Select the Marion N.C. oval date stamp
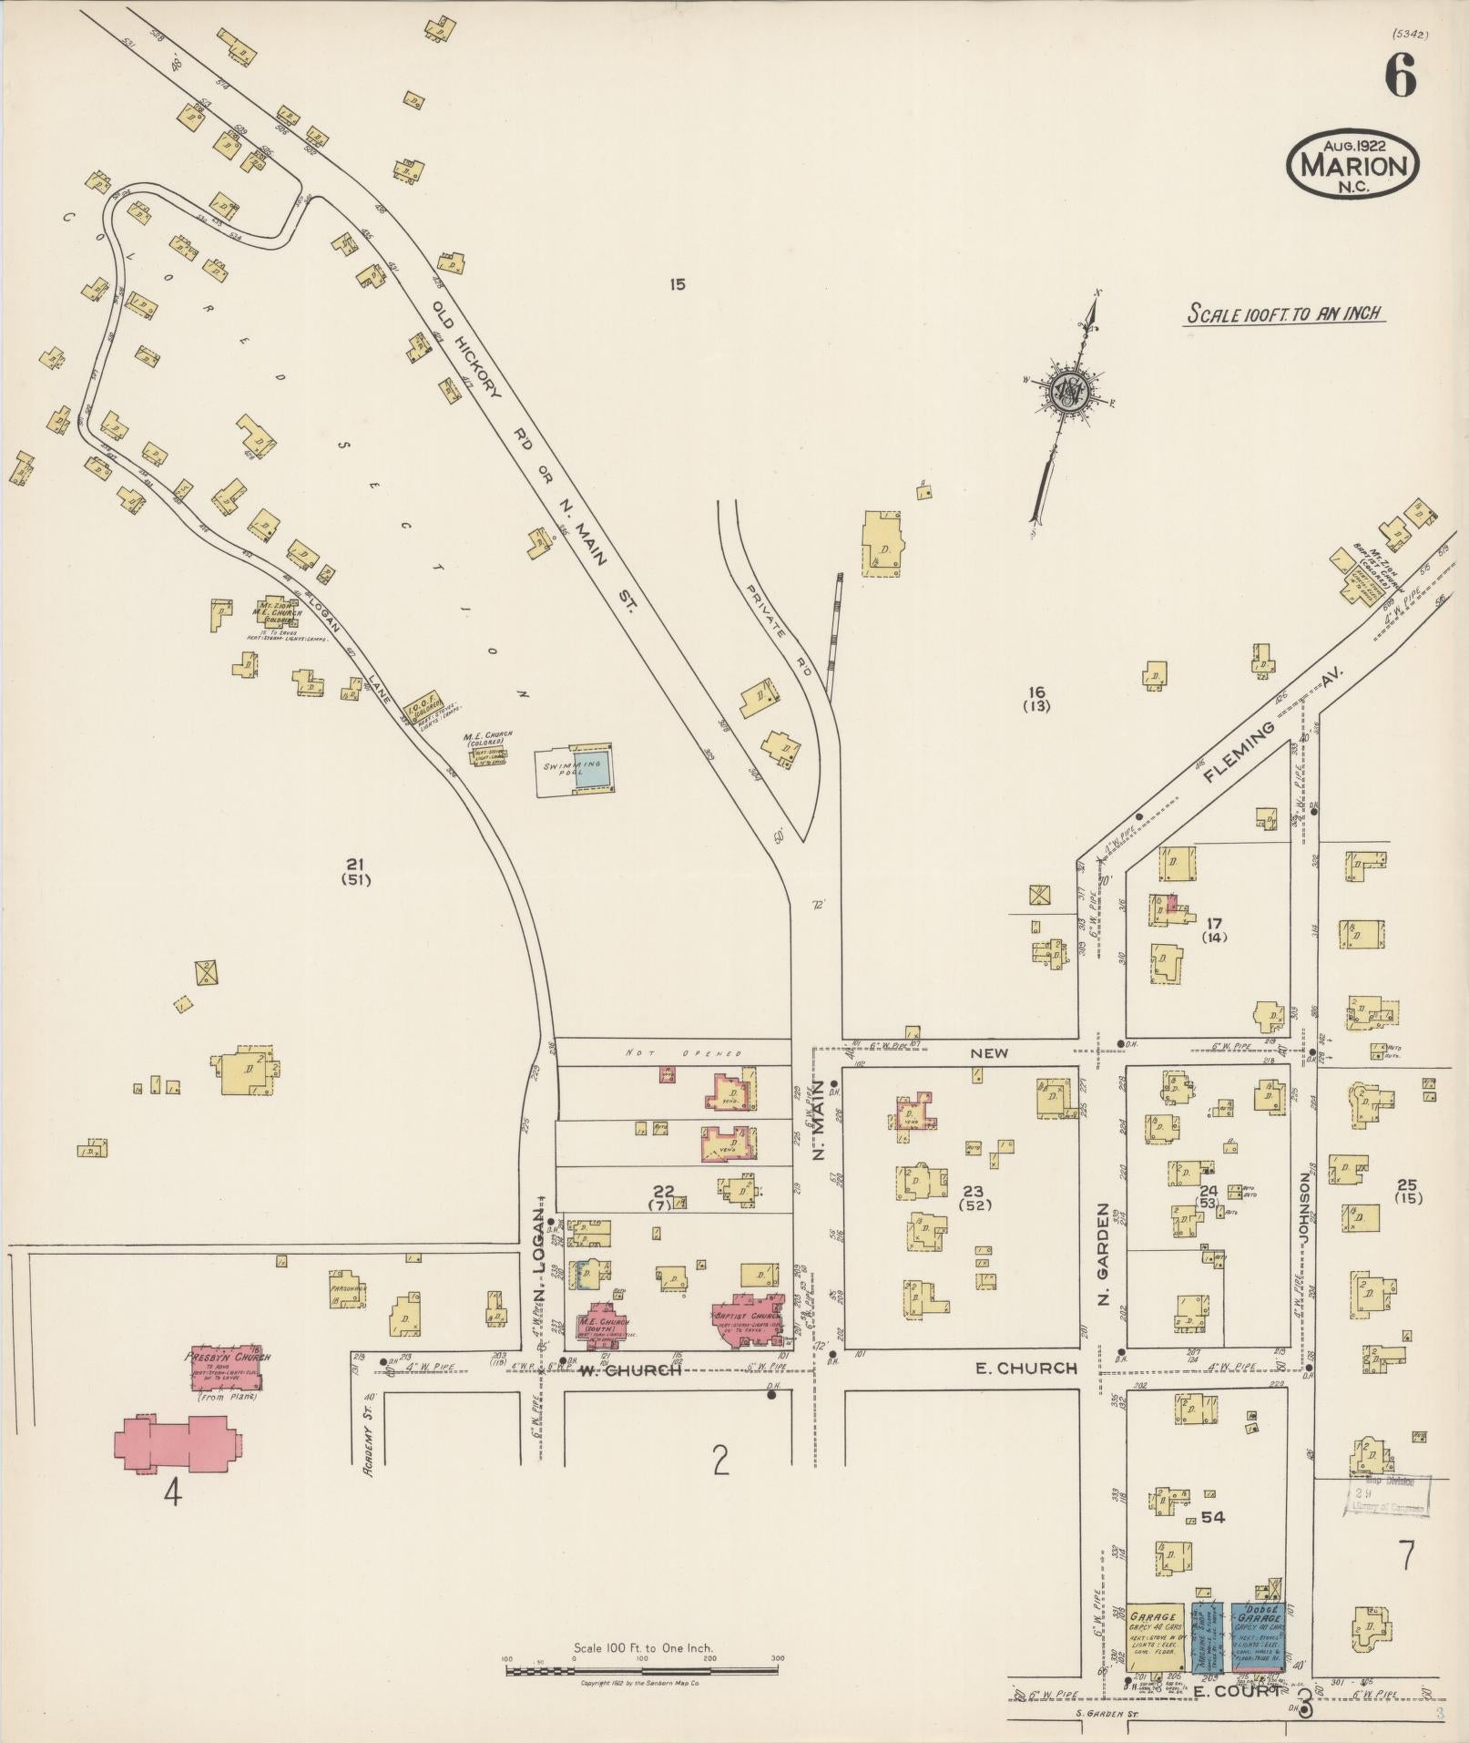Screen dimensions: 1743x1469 (x=1352, y=164)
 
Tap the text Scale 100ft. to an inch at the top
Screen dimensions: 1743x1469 (x=1284, y=313)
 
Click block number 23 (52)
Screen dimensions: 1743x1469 (x=974, y=1197)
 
